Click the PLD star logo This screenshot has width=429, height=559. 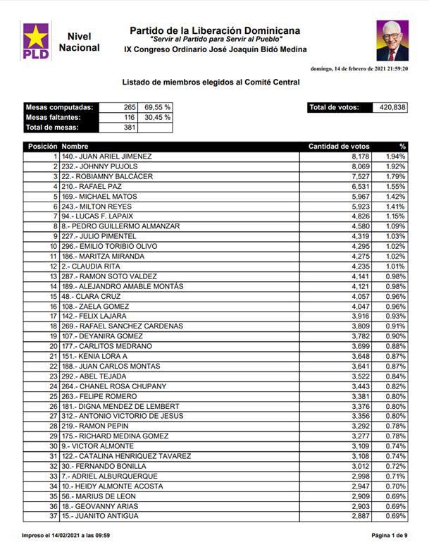pos(36,41)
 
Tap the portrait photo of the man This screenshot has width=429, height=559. pos(392,41)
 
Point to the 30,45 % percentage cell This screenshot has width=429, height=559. pos(157,117)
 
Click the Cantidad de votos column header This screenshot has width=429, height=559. pos(339,147)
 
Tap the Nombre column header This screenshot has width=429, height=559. pos(75,147)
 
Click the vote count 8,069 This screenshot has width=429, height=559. pos(359,166)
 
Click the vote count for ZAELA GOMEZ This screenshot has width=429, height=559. pos(359,307)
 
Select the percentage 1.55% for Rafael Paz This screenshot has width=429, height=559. pos(395,186)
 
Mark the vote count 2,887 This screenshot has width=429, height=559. pos(359,517)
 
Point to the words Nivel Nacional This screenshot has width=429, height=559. pos(79,42)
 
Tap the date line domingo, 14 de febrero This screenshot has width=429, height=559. pos(359,68)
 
